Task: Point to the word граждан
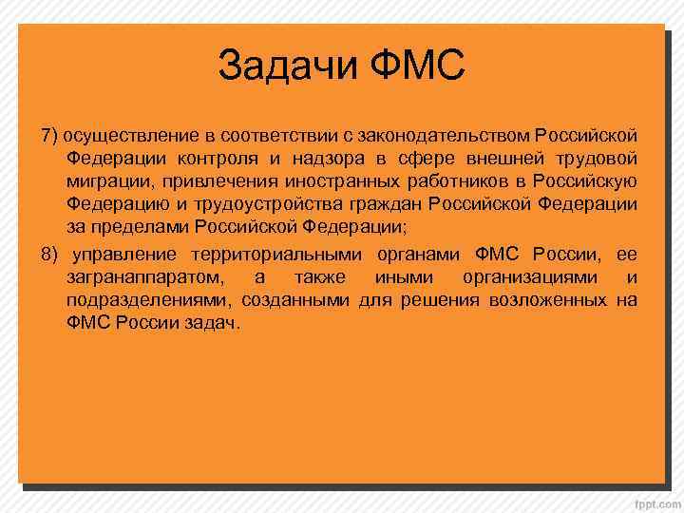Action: point(387,204)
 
